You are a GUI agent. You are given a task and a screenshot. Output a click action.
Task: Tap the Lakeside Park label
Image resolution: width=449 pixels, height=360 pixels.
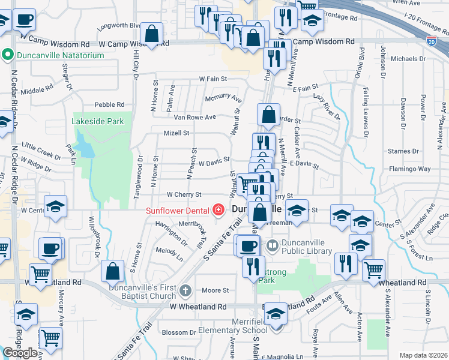point(98,121)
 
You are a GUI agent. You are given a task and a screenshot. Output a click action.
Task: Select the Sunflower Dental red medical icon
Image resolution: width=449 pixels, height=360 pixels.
point(218,210)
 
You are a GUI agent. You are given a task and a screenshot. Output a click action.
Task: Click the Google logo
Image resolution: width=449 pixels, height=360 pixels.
point(20,353)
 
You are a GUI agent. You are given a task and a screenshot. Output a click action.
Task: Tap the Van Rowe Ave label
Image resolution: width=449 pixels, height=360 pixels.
point(194,118)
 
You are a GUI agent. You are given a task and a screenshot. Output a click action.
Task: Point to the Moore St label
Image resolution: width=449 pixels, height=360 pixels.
point(215,290)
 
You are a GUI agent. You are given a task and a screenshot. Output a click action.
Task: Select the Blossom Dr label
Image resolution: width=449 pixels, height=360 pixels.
point(175,332)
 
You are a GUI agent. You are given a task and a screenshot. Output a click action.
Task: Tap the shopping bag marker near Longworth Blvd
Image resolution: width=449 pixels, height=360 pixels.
point(152,34)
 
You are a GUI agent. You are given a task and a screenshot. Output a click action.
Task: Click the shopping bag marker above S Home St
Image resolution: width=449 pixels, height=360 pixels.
point(112,271)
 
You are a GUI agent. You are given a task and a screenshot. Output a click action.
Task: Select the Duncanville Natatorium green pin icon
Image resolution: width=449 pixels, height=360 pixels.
point(8,55)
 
